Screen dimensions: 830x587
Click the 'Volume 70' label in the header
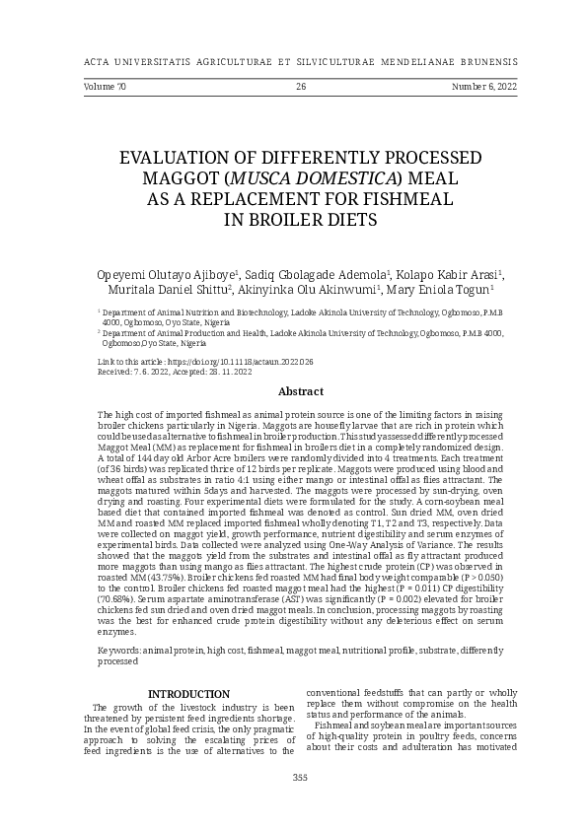click(105, 88)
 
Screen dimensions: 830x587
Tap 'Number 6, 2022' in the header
click(484, 88)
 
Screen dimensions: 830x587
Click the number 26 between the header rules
click(301, 88)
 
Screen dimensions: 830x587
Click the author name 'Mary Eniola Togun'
click(440, 290)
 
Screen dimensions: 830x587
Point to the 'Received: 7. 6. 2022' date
click(136, 372)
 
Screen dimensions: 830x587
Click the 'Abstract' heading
click(301, 391)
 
